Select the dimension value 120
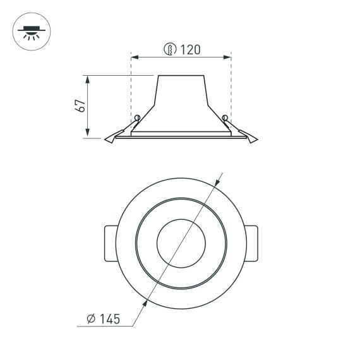tap(189, 49)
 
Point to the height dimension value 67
tap(80, 106)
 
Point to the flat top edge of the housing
tap(181, 76)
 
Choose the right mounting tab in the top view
tap(253, 243)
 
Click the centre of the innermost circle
tap(181, 243)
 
